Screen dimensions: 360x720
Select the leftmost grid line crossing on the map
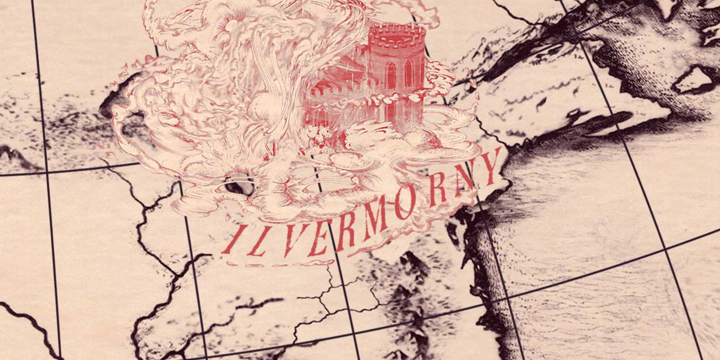pos(47,173)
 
